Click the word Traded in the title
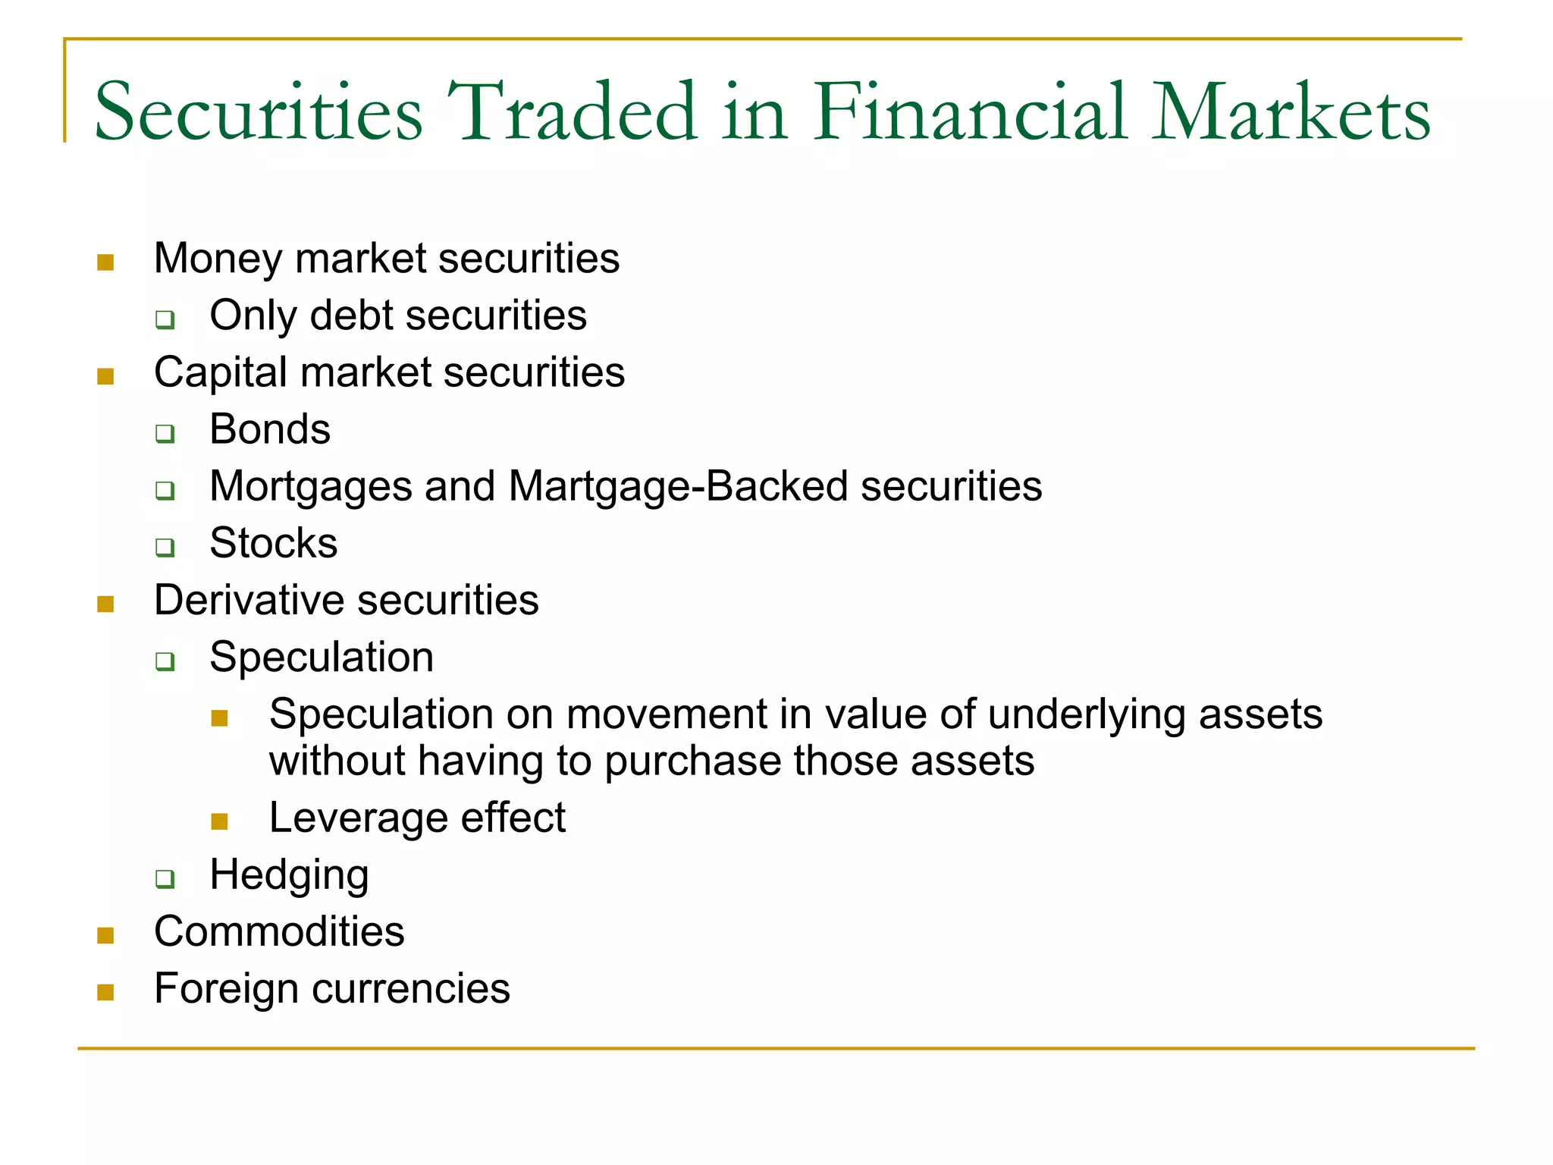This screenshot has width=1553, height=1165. click(573, 112)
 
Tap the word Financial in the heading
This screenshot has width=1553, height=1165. click(971, 112)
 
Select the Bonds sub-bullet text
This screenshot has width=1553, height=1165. click(270, 429)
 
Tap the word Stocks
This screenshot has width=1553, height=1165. click(273, 543)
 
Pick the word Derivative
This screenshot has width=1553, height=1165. click(249, 600)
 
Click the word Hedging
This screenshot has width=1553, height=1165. click(289, 875)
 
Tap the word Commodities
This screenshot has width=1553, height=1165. click(279, 931)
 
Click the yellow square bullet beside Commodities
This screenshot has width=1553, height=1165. click(105, 935)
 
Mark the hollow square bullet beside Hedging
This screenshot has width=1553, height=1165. click(165, 879)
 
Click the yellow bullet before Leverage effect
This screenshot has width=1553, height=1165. click(220, 821)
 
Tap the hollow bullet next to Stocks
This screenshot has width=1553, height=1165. click(165, 547)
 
